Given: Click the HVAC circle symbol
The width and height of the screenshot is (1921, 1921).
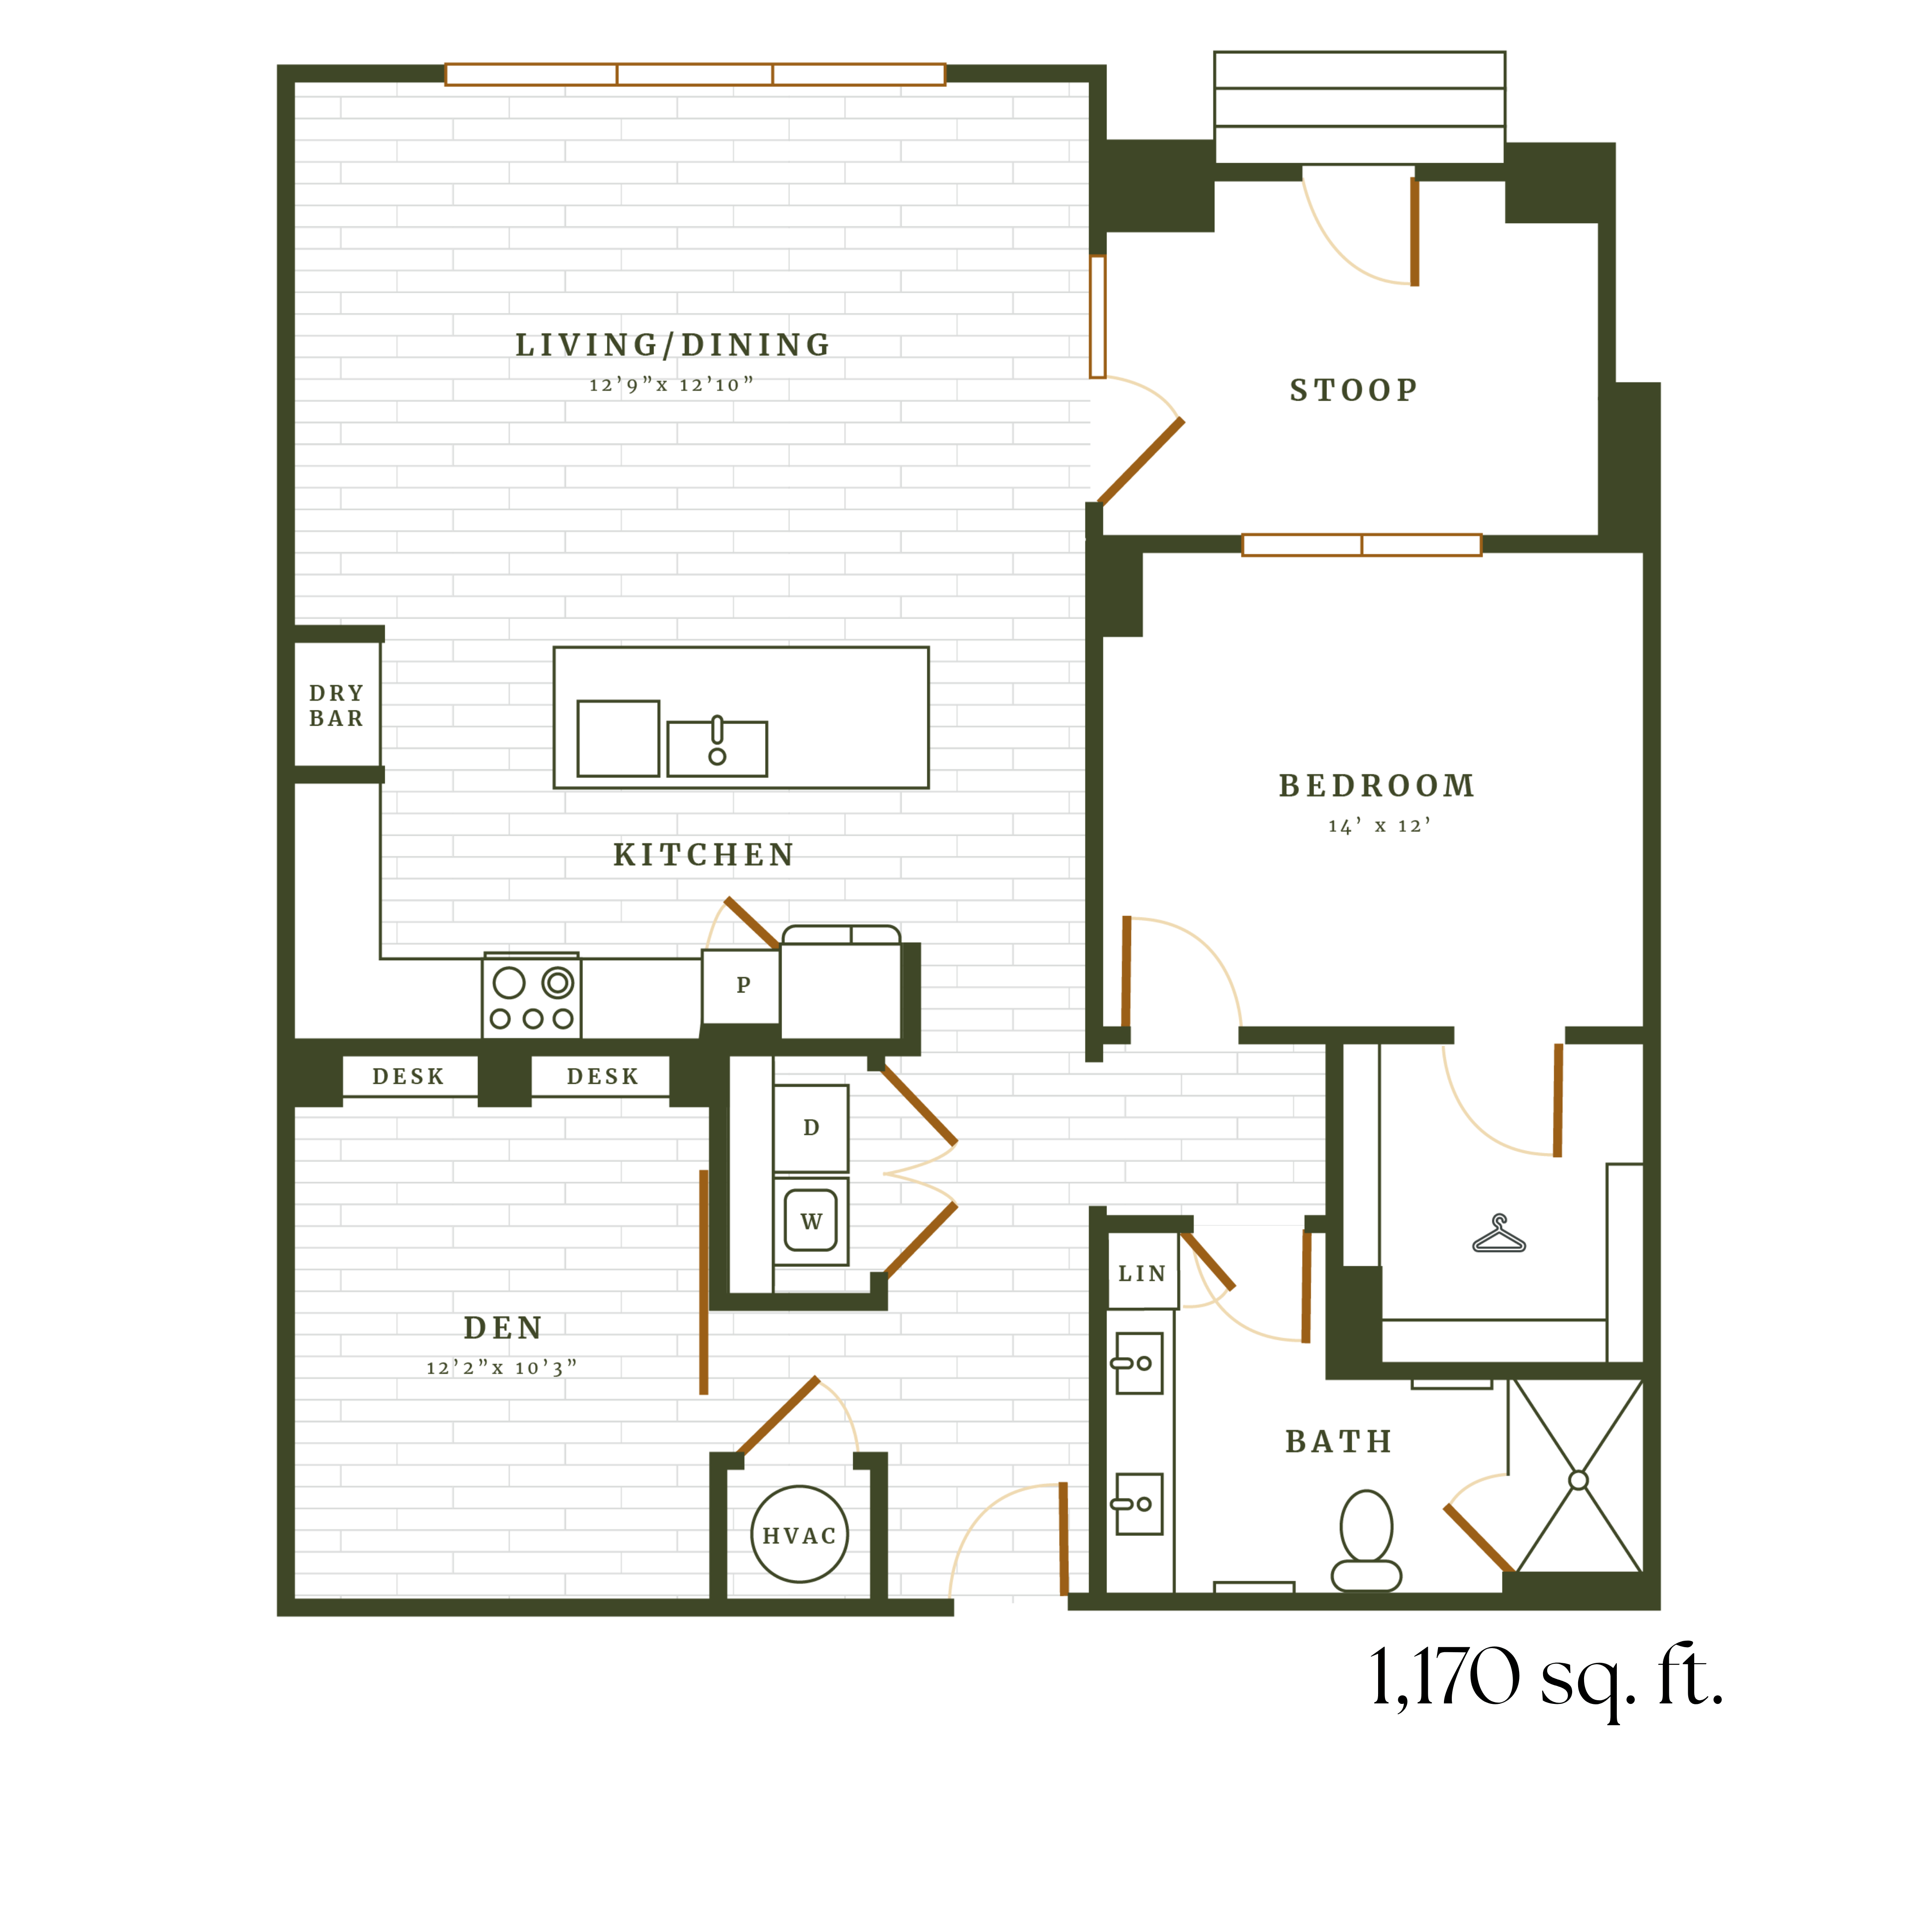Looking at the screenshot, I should pyautogui.click(x=800, y=1534).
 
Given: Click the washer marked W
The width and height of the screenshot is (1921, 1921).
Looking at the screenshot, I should pyautogui.click(x=810, y=1221).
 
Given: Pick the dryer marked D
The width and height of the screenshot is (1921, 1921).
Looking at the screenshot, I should pyautogui.click(x=810, y=1128).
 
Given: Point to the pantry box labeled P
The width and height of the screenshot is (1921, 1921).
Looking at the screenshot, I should pyautogui.click(x=742, y=985).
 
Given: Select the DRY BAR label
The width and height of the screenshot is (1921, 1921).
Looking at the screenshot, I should pyautogui.click(x=336, y=705).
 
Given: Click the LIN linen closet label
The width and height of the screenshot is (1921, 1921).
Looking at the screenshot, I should pyautogui.click(x=1142, y=1274).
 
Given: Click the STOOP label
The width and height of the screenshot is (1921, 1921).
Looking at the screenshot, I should pyautogui.click(x=1353, y=390).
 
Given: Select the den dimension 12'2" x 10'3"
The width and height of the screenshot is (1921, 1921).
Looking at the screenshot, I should pyautogui.click(x=501, y=1368).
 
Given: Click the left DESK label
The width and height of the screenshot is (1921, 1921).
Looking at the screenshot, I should pyautogui.click(x=408, y=1077).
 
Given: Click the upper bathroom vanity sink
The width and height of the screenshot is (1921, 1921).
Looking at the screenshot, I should pyautogui.click(x=1137, y=1363).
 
